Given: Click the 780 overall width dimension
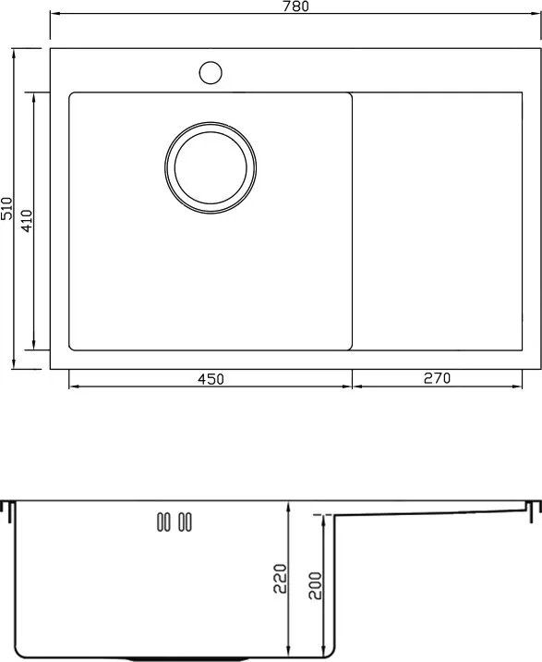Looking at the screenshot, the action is point(296,6).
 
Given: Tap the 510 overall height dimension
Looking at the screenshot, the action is point(6,208).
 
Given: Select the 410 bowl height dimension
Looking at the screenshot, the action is point(26,221).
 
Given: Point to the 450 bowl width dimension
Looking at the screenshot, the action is point(211,379).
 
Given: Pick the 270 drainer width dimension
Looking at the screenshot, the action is point(437,378).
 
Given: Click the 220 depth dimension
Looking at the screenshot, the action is point(280,579).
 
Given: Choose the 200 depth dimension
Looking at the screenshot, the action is point(315,585).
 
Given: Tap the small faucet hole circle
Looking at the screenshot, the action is point(211,72).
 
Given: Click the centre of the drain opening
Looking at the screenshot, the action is point(211,167).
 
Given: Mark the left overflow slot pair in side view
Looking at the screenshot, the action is point(163,521).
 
